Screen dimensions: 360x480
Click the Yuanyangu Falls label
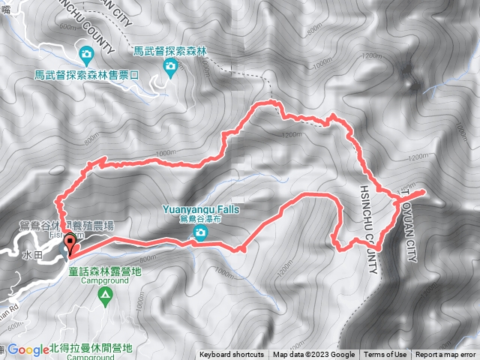click(199, 210)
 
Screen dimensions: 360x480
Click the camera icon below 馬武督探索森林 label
click(170, 67)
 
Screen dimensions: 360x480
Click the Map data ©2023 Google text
click(313, 355)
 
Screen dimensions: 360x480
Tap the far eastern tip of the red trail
click(424, 191)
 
